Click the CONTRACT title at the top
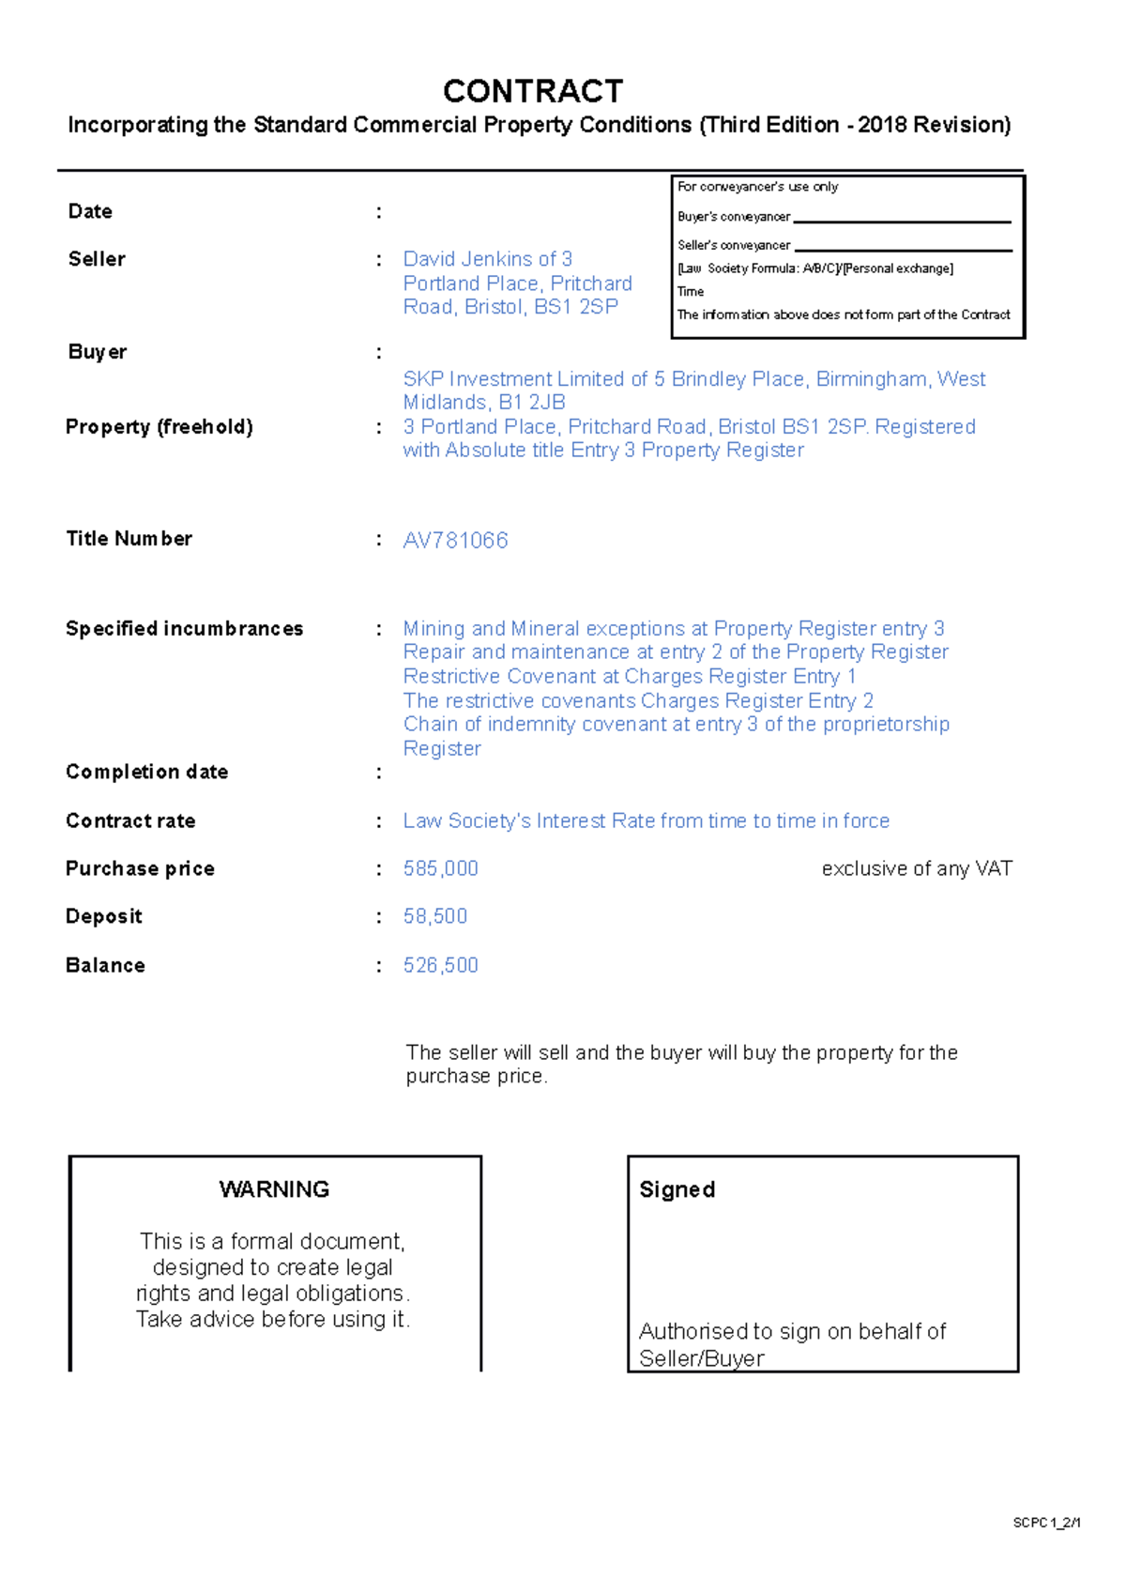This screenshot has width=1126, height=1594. point(533,91)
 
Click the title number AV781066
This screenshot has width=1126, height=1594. point(455,541)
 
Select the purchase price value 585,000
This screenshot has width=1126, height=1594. point(440,869)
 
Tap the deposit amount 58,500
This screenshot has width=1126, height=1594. point(434,916)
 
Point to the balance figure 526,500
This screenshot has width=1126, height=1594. point(440,965)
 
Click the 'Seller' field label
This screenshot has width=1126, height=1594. point(97,259)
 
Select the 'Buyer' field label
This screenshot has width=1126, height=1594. point(97,352)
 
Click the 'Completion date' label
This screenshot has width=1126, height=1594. point(146,772)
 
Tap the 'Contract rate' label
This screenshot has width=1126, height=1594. point(130,821)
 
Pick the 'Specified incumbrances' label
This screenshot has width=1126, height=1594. point(184,629)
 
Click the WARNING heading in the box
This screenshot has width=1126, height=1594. point(274,1189)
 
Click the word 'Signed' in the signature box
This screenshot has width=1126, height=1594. point(677,1190)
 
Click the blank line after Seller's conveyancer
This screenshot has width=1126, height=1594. point(903,250)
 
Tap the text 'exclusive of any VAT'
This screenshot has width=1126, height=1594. point(917,869)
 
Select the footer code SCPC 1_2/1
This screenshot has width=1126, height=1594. point(1046,1523)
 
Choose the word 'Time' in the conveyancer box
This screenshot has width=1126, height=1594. point(691,292)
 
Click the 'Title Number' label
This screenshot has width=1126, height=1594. point(129,539)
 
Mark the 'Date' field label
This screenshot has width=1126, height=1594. point(90,212)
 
